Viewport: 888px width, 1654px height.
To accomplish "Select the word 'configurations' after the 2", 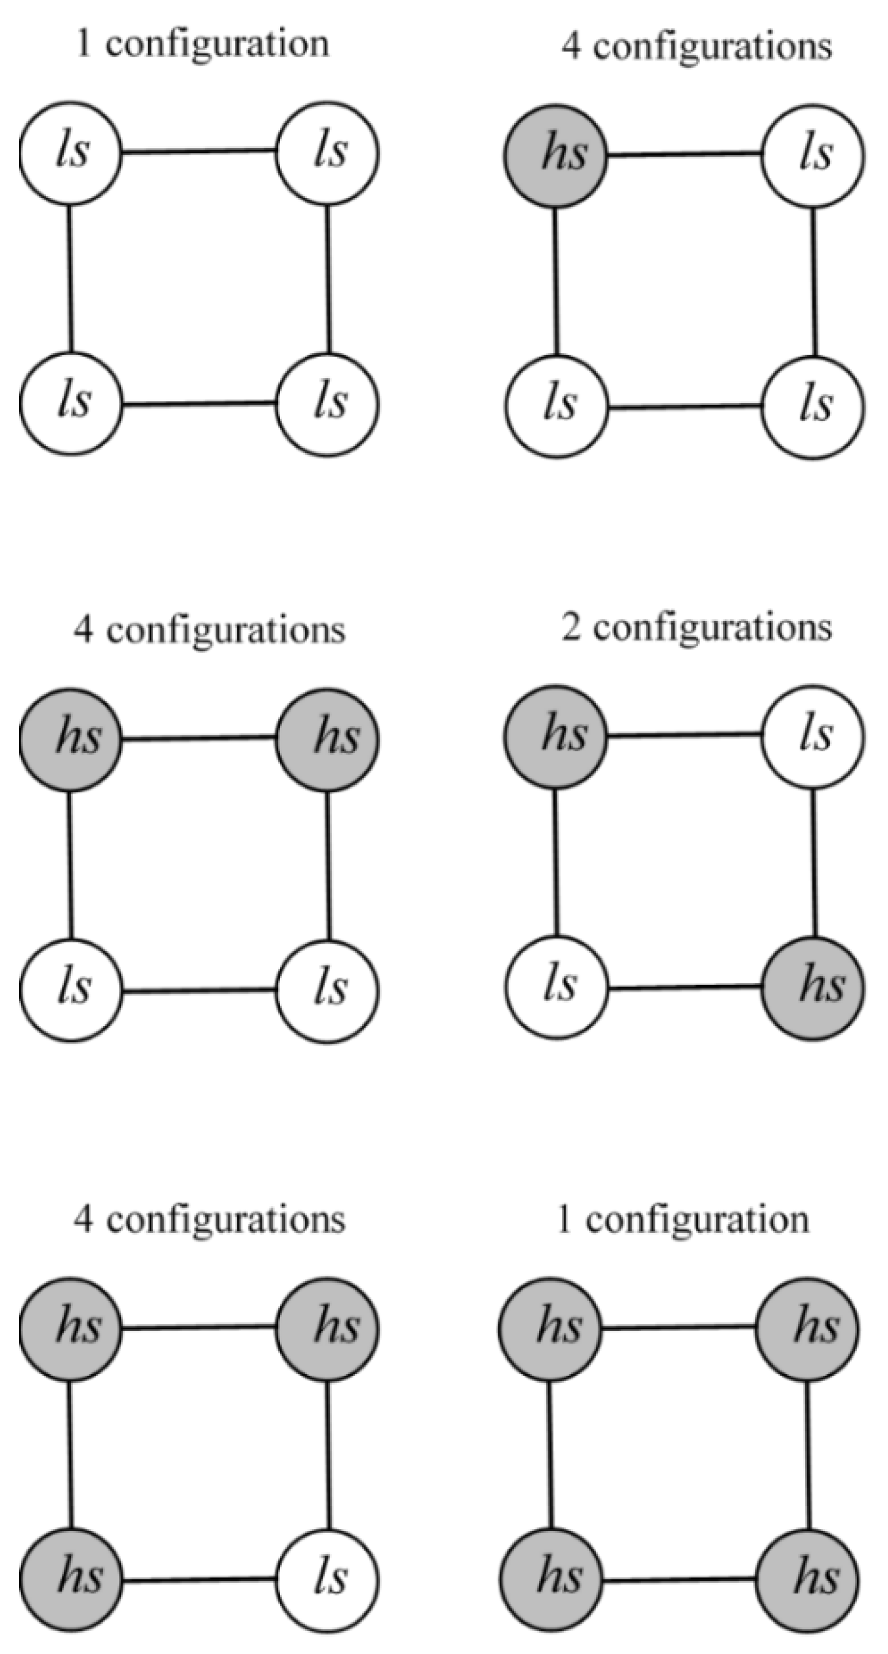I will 713,629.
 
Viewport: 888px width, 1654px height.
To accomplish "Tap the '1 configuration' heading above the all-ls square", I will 202,45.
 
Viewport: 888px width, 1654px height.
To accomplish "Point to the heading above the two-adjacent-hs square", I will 209,630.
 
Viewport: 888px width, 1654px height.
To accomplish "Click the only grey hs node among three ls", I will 555,155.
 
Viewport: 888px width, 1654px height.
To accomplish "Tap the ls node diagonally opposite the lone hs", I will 813,406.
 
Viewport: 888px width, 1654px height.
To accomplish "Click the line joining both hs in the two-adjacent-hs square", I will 199,739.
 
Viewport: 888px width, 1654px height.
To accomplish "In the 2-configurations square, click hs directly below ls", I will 813,988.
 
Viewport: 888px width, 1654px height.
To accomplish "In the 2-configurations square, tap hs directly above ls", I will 555,736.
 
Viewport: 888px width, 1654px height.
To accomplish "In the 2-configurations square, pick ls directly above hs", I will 813,736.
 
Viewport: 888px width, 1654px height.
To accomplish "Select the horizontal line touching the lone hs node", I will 684,155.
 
